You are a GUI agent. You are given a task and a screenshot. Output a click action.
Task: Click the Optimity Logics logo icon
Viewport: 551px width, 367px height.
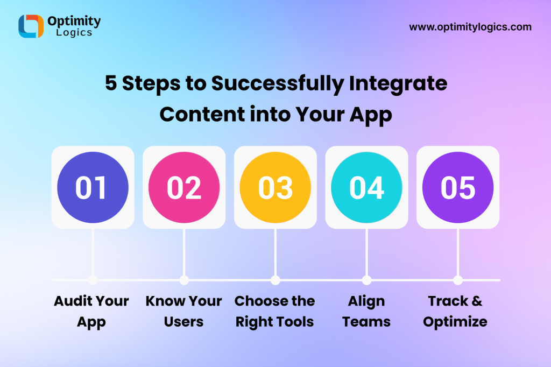pyautogui.click(x=31, y=26)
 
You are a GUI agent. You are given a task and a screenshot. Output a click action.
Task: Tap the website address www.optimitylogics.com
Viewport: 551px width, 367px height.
pyautogui.click(x=470, y=27)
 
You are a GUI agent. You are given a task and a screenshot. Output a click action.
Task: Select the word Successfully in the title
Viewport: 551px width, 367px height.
pyautogui.click(x=278, y=84)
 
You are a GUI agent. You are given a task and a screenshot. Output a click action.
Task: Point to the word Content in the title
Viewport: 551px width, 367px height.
pyautogui.click(x=202, y=115)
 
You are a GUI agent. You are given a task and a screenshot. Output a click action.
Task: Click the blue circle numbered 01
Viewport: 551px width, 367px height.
pyautogui.click(x=93, y=187)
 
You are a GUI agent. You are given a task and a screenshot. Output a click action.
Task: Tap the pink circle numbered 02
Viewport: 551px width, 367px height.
pyautogui.click(x=184, y=187)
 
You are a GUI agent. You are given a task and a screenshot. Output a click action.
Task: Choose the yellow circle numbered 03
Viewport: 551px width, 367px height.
pyautogui.click(x=275, y=187)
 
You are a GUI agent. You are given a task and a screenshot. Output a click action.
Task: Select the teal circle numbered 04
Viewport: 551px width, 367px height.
pyautogui.click(x=366, y=187)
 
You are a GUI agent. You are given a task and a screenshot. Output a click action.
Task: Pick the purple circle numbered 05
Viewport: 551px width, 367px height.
pyautogui.click(x=458, y=187)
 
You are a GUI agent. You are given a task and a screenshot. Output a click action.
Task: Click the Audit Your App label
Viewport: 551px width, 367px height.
pyautogui.click(x=91, y=312)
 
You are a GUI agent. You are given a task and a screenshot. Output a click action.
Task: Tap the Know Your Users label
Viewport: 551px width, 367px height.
pyautogui.click(x=184, y=312)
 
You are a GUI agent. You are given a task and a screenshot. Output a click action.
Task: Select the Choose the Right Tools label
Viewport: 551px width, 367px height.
pyautogui.click(x=275, y=312)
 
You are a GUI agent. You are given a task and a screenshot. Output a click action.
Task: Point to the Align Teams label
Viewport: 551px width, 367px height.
pyautogui.click(x=366, y=312)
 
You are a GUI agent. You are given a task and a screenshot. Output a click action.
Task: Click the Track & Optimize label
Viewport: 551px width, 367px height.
pyautogui.click(x=455, y=312)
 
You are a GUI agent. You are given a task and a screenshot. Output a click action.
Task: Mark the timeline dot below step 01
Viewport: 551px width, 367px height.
pyautogui.click(x=93, y=280)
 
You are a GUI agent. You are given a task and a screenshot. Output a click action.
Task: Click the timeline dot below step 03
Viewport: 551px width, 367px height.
pyautogui.click(x=275, y=280)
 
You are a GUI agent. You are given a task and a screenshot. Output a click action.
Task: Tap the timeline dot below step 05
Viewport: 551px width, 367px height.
pyautogui.click(x=458, y=280)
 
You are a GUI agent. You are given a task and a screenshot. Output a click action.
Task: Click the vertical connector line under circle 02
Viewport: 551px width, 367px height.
pyautogui.click(x=184, y=252)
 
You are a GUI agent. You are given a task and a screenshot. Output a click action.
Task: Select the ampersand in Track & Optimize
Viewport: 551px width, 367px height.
pyautogui.click(x=477, y=301)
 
